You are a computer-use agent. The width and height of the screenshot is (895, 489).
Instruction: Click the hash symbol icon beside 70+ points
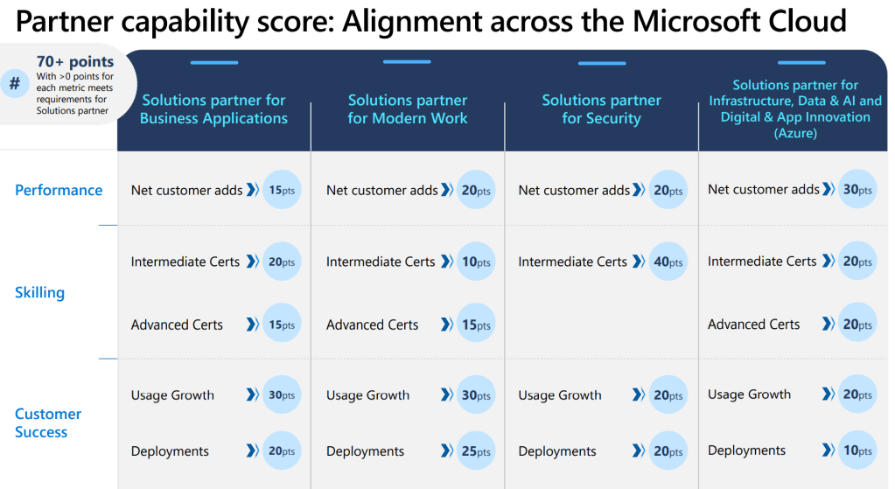[15, 84]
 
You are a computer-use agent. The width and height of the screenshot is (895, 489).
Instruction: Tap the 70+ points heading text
[74, 62]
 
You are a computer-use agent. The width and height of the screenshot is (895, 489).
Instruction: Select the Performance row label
[59, 190]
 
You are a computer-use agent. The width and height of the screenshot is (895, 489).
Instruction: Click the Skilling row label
[39, 292]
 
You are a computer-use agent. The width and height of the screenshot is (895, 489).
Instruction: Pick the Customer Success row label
[48, 423]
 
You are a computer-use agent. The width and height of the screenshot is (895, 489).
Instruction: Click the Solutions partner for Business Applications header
[213, 109]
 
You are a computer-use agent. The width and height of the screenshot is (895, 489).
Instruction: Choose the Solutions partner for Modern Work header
[408, 109]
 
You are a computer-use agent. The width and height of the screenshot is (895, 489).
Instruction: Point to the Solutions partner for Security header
[601, 109]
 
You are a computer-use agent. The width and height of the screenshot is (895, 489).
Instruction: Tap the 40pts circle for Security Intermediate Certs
[668, 262]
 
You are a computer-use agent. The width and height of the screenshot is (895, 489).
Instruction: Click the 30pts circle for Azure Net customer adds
[857, 190]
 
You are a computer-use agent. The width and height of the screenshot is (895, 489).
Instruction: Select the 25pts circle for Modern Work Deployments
[476, 451]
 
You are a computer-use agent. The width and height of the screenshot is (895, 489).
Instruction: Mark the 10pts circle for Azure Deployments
[857, 451]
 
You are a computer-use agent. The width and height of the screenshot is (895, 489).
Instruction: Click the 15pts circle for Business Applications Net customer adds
[281, 190]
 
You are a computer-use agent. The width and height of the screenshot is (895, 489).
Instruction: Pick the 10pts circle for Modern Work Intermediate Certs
[476, 262]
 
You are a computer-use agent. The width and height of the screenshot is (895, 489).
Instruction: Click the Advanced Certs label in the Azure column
[753, 325]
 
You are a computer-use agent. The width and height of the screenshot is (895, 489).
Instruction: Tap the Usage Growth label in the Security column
[560, 395]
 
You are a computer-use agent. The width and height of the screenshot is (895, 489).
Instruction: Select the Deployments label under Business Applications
[170, 451]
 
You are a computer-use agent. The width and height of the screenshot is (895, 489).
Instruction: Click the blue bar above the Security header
[601, 63]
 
